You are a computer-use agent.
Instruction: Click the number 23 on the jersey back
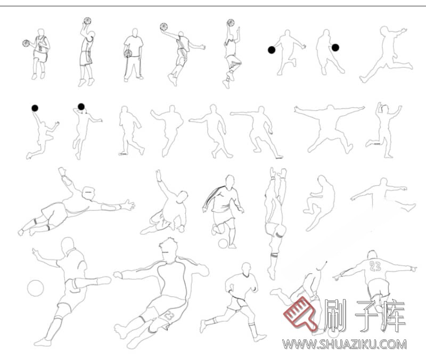pos(375,266)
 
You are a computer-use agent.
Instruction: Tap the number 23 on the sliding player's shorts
pos(169,316)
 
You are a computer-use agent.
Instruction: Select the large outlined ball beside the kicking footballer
pos(35,288)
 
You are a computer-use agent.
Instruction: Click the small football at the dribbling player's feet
pos(223,243)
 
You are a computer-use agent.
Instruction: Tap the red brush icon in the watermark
pos(300,314)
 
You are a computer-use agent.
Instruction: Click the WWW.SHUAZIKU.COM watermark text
pos(345,345)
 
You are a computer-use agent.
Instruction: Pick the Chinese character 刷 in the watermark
pos(335,315)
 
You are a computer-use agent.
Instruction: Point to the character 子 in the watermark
pos(367,315)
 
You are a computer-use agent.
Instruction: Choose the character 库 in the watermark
pos(394,315)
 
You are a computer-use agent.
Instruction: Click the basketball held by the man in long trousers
pos(128,53)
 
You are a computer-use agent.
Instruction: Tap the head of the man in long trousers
pos(135,32)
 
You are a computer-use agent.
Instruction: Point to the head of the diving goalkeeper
pos(88,193)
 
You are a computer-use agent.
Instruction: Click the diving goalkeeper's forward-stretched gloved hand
pos(128,204)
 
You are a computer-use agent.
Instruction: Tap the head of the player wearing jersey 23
pos(372,255)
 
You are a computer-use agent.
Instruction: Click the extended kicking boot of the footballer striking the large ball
pos(104,281)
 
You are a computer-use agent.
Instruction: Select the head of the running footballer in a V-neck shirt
pos(246,268)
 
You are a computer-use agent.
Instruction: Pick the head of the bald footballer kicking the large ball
pos(68,246)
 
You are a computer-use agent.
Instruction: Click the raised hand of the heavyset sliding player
pos(158,175)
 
